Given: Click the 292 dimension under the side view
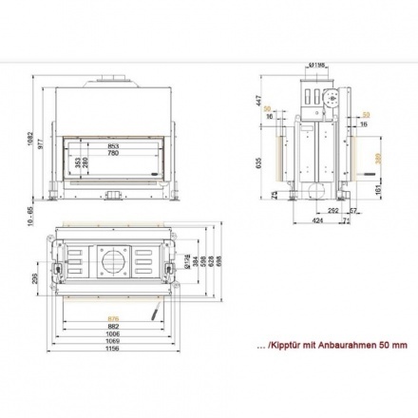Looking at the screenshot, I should (x=333, y=208).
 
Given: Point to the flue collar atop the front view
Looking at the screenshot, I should (x=115, y=83).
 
